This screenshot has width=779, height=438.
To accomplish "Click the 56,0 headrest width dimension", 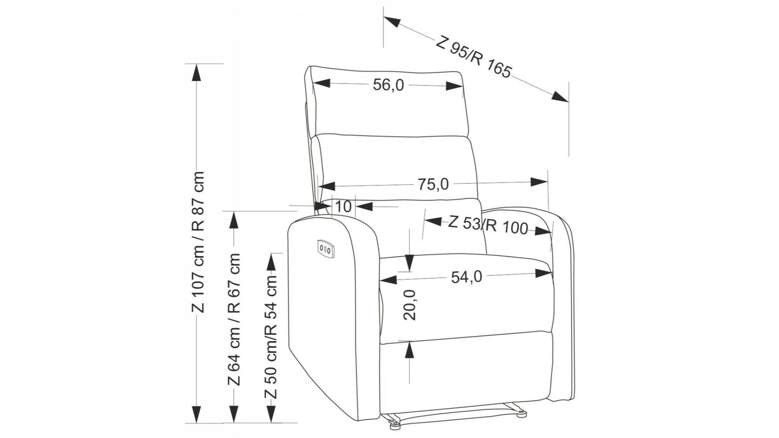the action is coord(388,85).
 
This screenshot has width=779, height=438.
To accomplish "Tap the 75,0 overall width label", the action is coord(433,184).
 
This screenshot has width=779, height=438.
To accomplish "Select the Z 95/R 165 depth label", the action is coord(474,57).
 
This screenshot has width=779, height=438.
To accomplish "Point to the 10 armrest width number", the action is coord(343,206).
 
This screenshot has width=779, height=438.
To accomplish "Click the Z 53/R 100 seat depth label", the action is coord(488,225).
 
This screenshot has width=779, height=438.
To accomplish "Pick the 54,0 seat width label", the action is coord(467,277).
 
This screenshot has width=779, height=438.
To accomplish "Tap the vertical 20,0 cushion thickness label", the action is coord(409,305).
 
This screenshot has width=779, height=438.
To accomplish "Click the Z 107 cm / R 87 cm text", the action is coord(198,242).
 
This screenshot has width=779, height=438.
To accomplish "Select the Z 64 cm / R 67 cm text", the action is coord(234,319).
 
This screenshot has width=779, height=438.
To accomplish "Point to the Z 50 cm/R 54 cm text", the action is coord(271,337).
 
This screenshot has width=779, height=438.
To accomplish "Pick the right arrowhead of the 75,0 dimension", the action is coord(539,182).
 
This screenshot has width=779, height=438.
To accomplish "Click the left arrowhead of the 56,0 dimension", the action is coord(321,83).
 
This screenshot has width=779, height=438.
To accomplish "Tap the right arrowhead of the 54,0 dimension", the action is coord(544,273).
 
